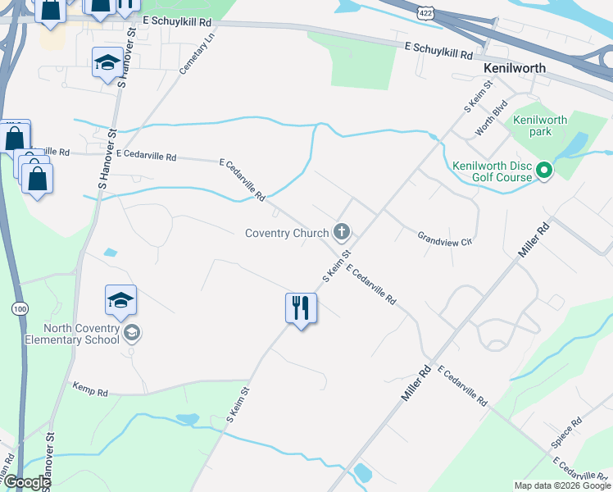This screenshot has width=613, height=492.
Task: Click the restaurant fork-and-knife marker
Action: [x=301, y=308]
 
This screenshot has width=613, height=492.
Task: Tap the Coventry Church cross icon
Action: [x=342, y=233]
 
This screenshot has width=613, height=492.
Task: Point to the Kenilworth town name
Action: [x=515, y=68]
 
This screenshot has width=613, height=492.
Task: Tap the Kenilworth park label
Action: [x=540, y=125]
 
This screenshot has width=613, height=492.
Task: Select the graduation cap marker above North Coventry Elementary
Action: [x=120, y=301]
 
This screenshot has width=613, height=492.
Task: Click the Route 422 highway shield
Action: [x=425, y=12]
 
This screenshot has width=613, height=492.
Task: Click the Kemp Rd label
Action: [x=90, y=390]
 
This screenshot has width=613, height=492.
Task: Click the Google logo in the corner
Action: [x=26, y=483]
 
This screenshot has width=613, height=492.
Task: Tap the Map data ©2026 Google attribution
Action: [x=561, y=485]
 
